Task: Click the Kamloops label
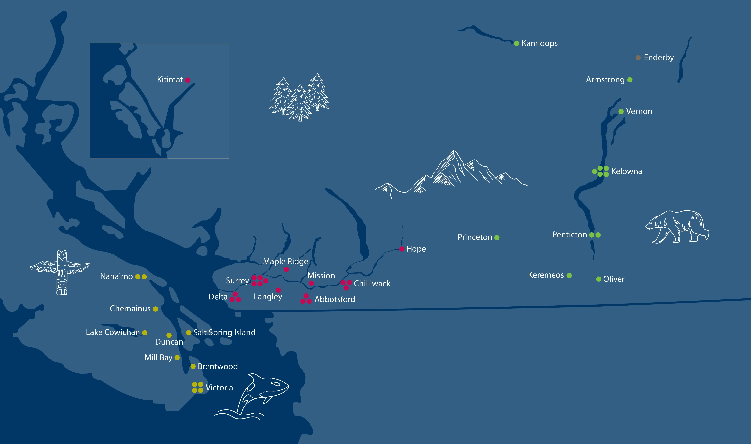coord(539,43)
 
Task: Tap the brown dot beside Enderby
coord(638,58)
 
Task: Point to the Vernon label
coord(639,111)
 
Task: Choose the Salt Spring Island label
coord(224,332)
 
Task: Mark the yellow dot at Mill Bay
coord(177,358)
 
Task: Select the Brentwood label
coord(218,367)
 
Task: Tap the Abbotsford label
coord(335,299)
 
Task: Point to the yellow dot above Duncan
coord(169,335)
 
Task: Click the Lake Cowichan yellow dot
coord(145,333)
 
